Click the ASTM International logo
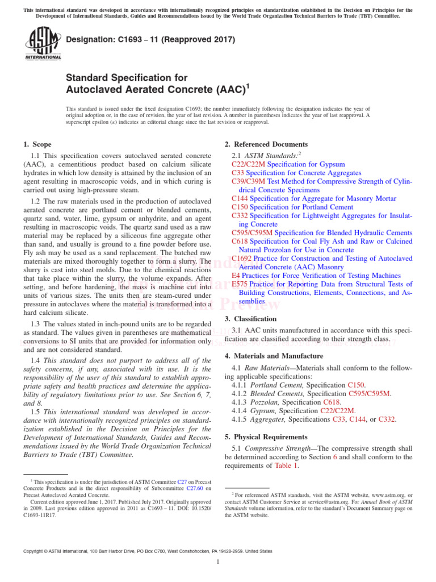click(x=43, y=45)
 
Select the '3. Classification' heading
click(x=250, y=319)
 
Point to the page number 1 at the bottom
click(x=218, y=562)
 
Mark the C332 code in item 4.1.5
click(x=386, y=419)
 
